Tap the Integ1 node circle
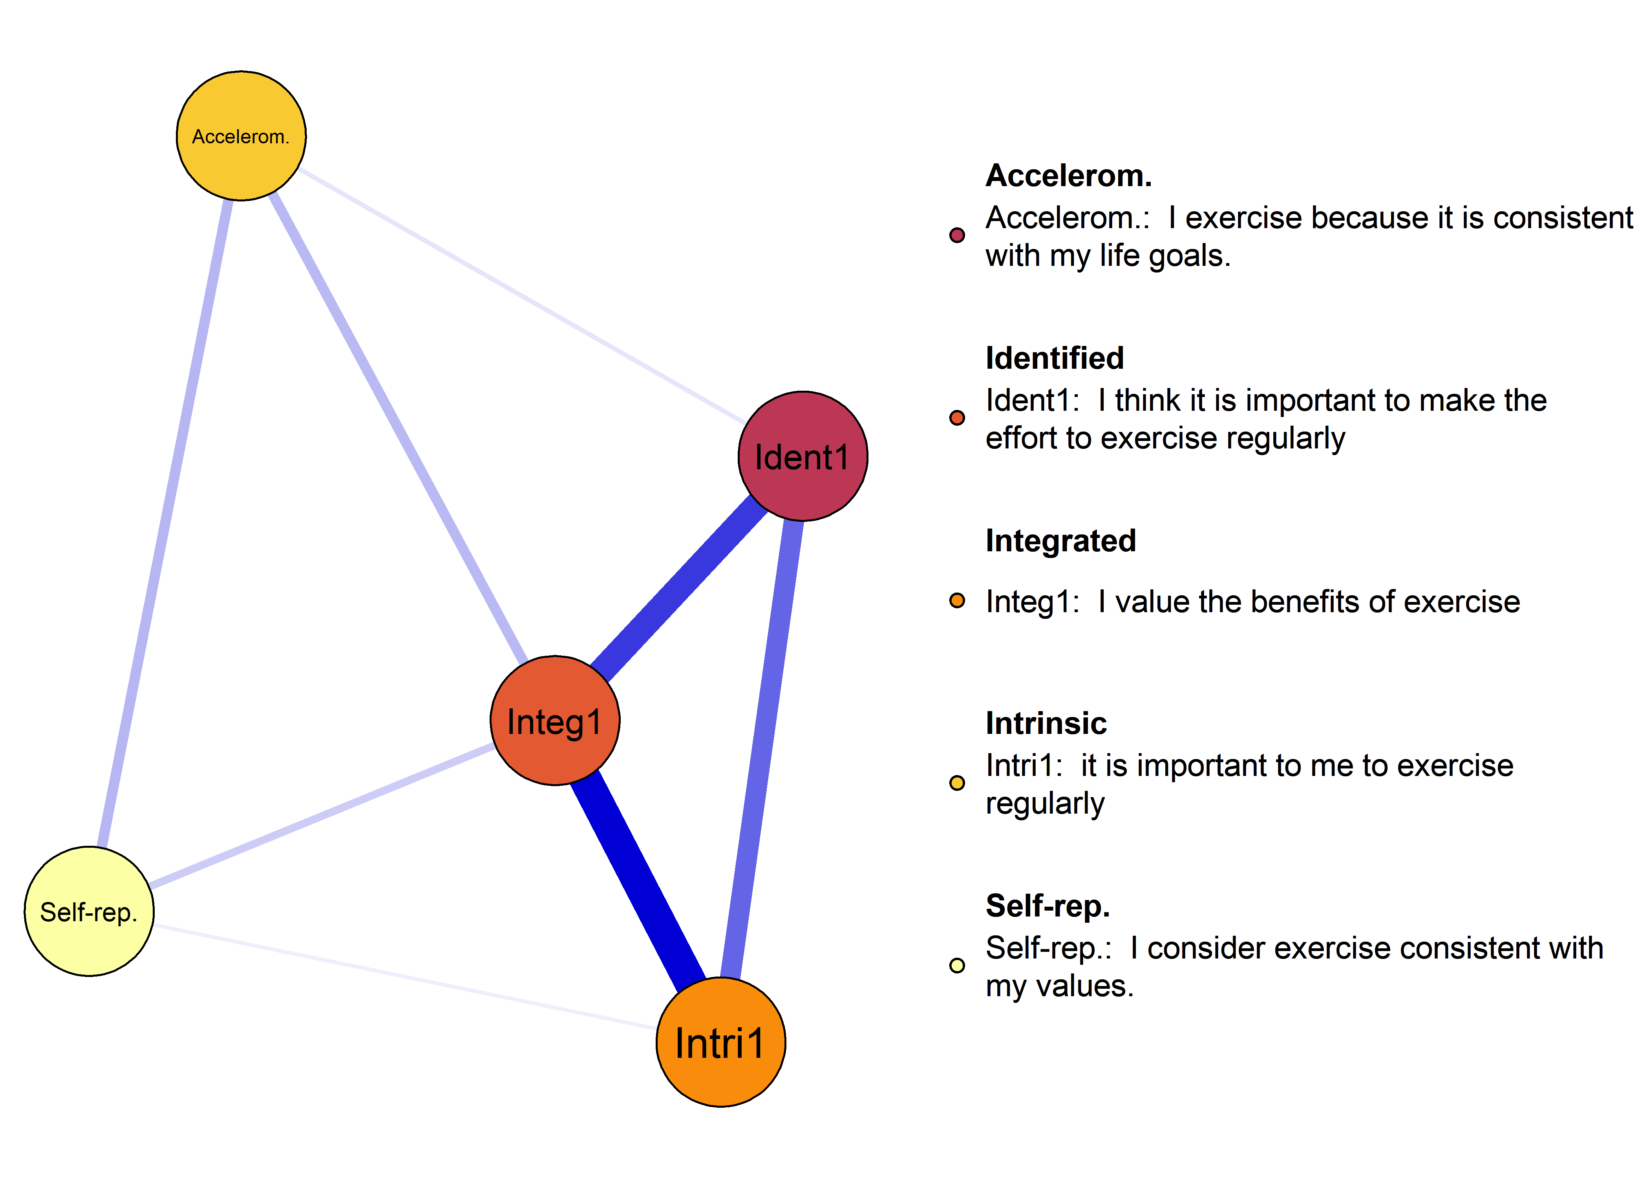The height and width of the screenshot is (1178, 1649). click(x=555, y=720)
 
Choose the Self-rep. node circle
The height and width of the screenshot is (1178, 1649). click(x=89, y=911)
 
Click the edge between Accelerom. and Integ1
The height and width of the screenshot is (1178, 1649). click(x=397, y=428)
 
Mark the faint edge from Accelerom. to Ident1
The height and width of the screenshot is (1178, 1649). click(x=522, y=296)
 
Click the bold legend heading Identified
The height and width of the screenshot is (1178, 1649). click(x=1054, y=359)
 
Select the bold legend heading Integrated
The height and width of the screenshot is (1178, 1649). click(x=1060, y=541)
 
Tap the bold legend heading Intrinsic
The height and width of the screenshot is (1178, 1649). click(x=1046, y=723)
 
